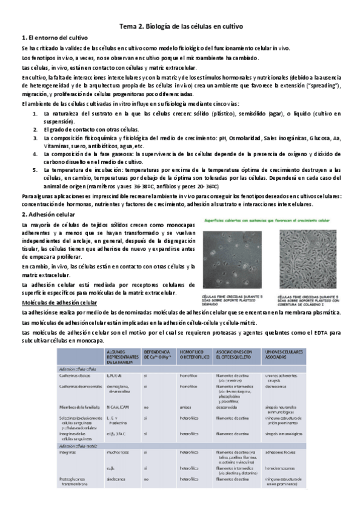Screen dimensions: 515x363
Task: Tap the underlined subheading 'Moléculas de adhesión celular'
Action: tap(59, 302)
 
